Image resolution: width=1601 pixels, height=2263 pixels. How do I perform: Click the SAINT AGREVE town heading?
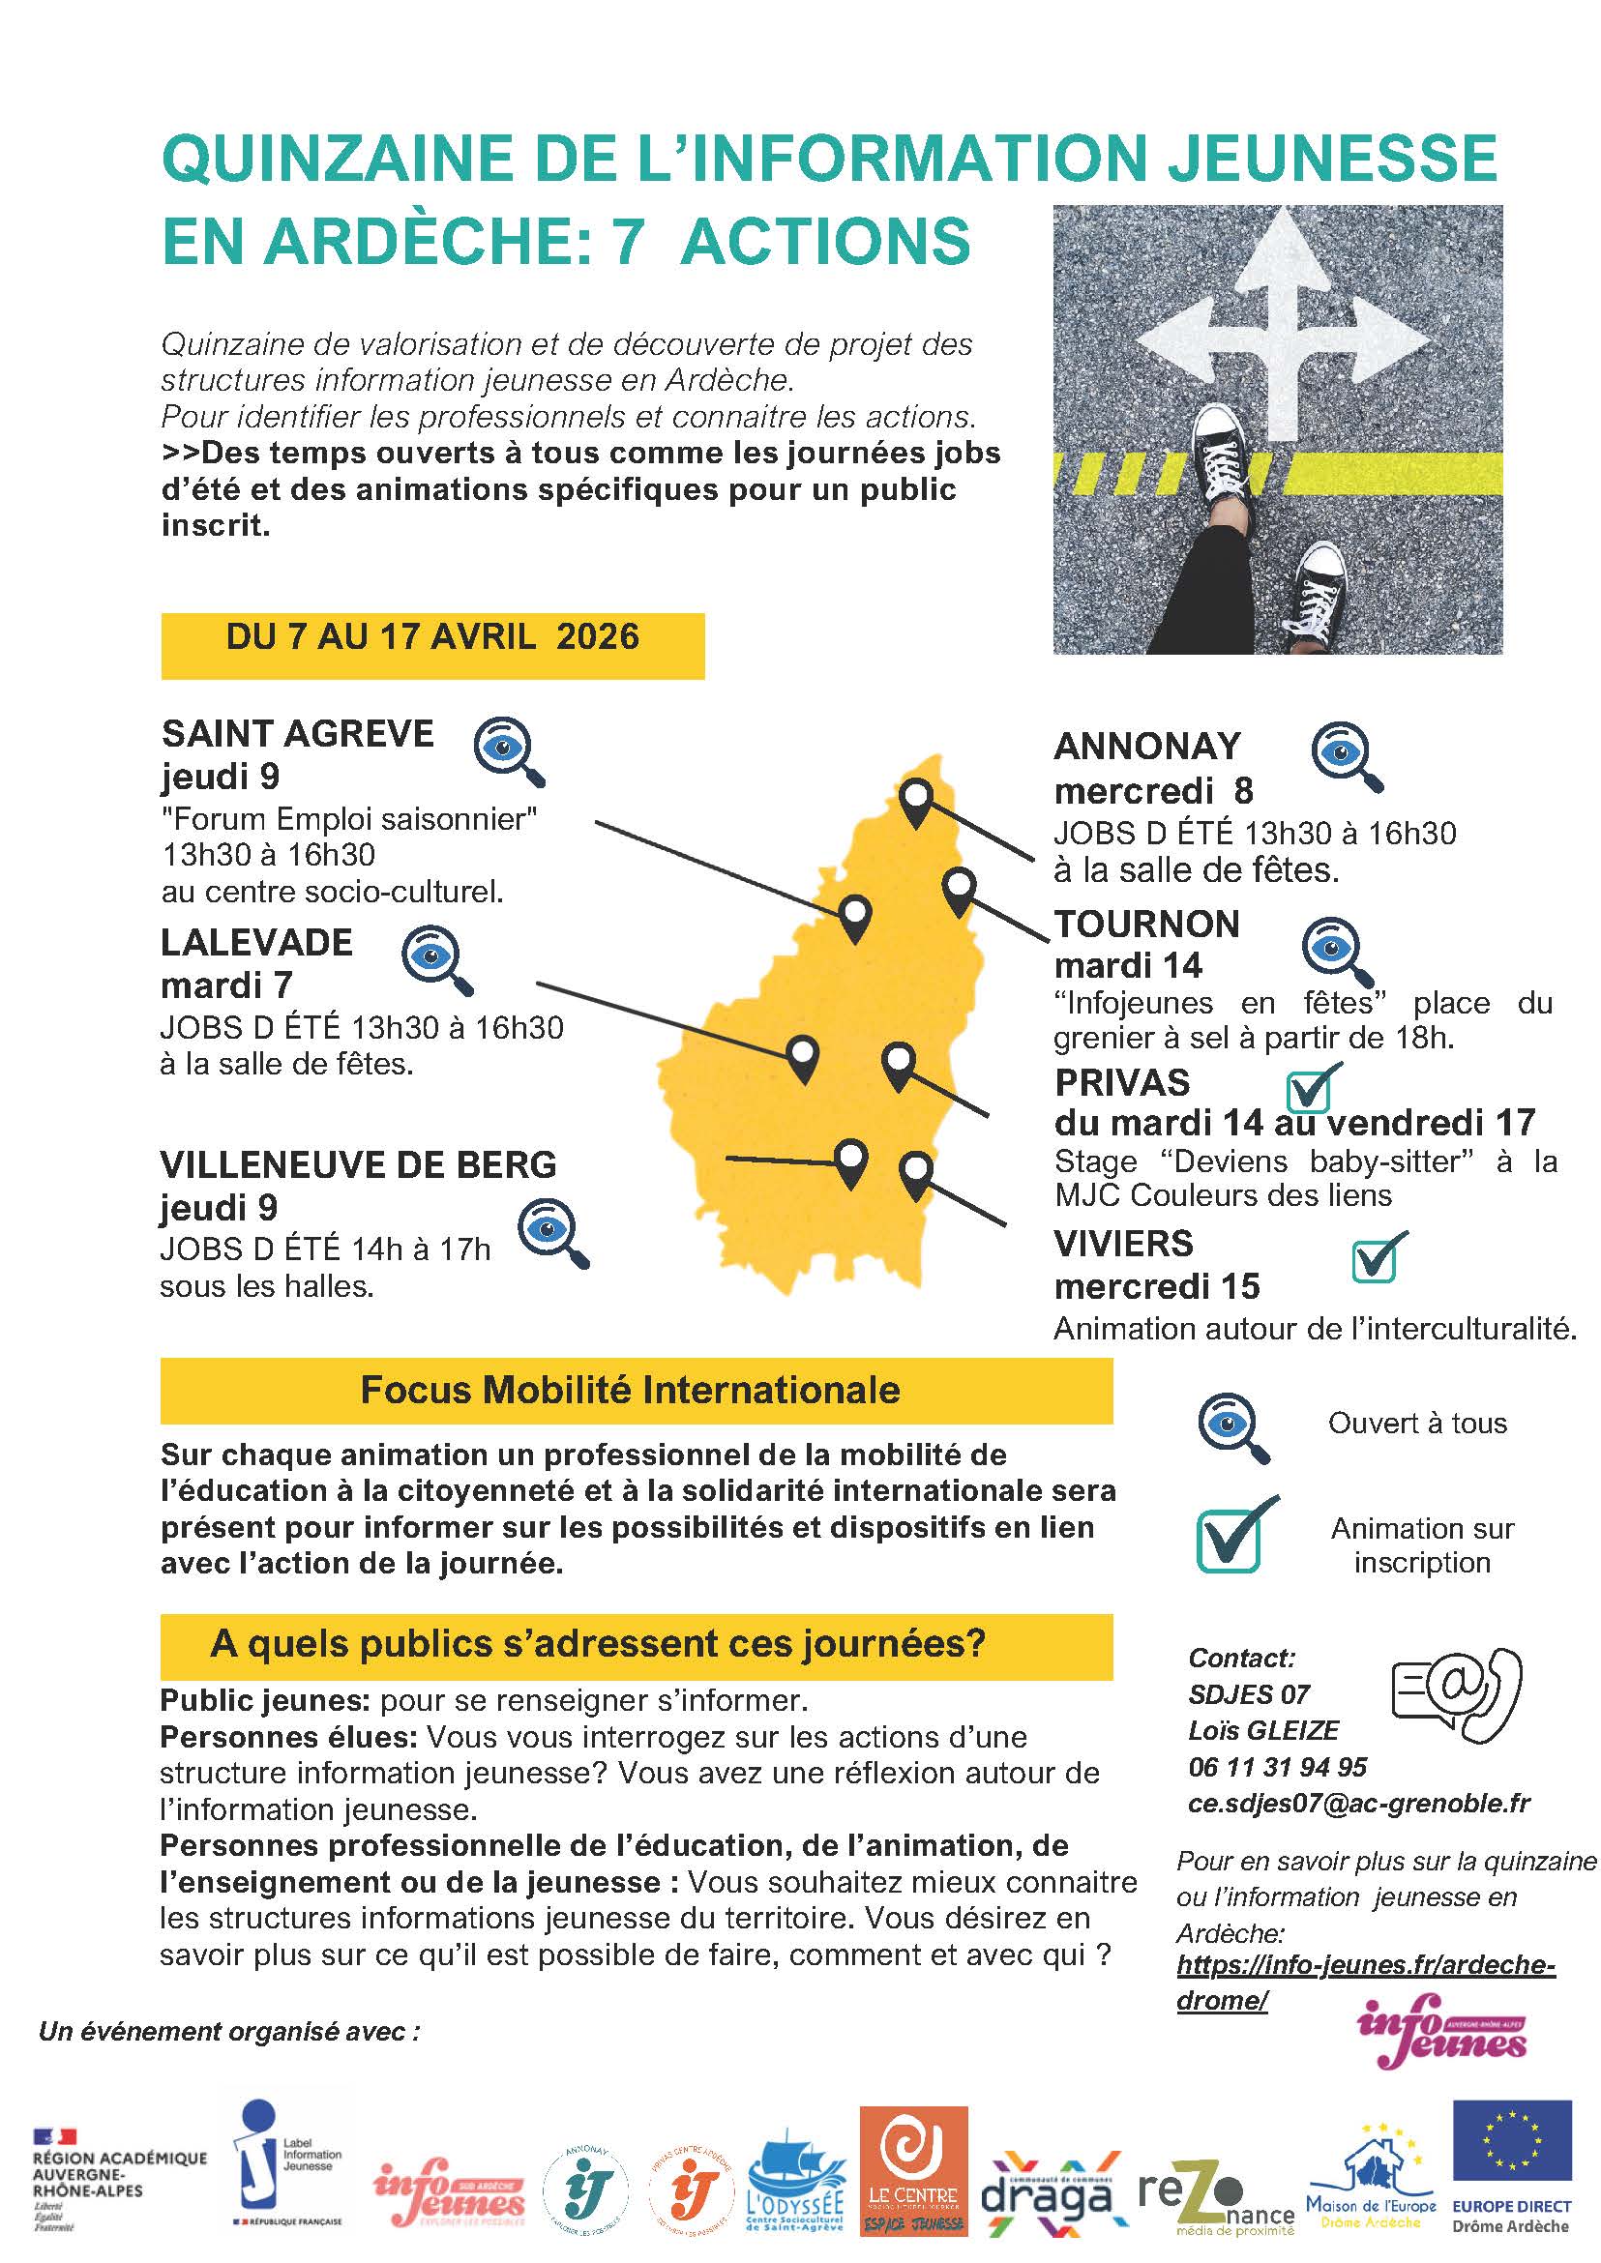[297, 734]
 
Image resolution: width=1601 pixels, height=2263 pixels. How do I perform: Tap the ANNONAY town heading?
[1146, 747]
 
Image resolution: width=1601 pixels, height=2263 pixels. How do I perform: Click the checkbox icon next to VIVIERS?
[1378, 1257]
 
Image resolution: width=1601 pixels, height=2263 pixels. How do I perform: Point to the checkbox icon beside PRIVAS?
[1312, 1087]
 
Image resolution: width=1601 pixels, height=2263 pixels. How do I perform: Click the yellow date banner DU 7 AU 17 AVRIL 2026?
[431, 637]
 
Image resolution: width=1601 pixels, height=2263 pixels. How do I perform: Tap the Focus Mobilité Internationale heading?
[631, 1390]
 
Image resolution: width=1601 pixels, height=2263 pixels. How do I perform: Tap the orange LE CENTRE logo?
[913, 2168]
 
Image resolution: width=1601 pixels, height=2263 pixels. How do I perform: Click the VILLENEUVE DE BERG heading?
[358, 1165]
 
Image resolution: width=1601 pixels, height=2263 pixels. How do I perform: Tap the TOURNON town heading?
[1146, 925]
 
